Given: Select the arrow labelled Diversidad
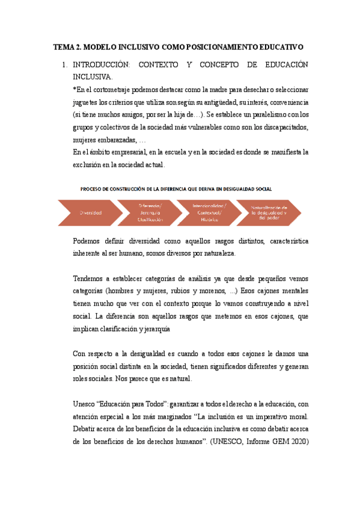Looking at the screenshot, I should pos(90,212).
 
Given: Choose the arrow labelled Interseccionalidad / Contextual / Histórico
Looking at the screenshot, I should pos(209,212).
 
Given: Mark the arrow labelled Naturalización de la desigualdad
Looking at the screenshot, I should pos(269,212).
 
